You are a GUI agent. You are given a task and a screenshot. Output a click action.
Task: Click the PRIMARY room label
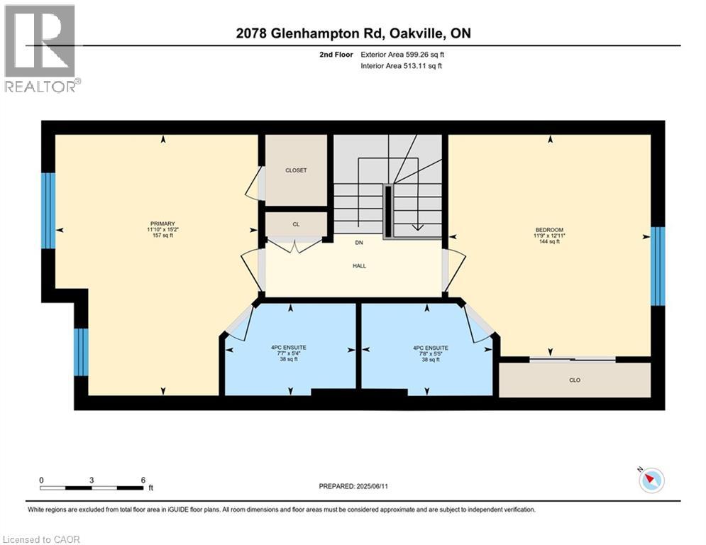click(x=162, y=224)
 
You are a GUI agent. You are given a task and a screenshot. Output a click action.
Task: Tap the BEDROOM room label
click(x=549, y=230)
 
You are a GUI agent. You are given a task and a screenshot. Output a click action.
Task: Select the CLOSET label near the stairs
click(x=296, y=170)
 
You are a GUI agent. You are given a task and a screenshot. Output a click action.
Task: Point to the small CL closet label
click(x=296, y=224)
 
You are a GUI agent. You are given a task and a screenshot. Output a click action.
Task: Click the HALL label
click(x=359, y=265)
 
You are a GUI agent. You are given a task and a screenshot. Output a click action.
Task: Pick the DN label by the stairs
click(x=359, y=243)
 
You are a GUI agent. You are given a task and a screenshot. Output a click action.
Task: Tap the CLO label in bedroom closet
click(x=575, y=380)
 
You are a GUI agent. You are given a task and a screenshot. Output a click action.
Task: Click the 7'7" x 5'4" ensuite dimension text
click(x=289, y=353)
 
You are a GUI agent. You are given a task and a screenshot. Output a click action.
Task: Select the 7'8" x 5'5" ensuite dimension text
click(x=431, y=353)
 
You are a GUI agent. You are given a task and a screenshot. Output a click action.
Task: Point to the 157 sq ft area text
click(x=162, y=235)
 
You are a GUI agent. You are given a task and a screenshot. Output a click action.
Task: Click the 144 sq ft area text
click(x=549, y=241)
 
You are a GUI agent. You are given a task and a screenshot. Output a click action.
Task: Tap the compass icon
click(x=651, y=480)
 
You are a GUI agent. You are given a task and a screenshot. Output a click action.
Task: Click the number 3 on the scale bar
click(x=92, y=480)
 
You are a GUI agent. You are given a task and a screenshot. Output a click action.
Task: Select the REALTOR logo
click(x=40, y=49)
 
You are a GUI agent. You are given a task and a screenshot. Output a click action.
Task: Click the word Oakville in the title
click(x=414, y=33)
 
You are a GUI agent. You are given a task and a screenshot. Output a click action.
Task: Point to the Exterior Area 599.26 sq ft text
click(x=402, y=55)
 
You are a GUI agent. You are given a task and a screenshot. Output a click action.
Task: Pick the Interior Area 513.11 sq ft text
click(x=401, y=66)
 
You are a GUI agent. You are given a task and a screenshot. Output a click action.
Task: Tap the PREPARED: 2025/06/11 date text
click(x=353, y=486)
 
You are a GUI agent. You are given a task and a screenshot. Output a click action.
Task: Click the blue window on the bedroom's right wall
click(x=658, y=265)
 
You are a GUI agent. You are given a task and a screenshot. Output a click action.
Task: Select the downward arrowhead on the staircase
click(x=417, y=228)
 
